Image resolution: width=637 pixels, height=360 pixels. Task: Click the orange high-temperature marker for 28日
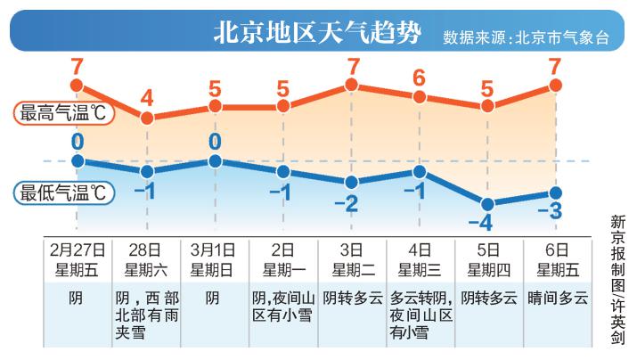click(x=147, y=117)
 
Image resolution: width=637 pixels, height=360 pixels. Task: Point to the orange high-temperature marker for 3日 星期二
click(x=352, y=86)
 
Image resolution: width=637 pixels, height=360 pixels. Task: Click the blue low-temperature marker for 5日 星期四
click(x=487, y=202)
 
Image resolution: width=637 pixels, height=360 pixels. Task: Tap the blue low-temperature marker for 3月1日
click(x=215, y=161)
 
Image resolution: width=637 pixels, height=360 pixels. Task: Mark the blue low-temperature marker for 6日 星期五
click(x=556, y=192)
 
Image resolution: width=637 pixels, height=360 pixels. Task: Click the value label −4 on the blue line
click(x=487, y=222)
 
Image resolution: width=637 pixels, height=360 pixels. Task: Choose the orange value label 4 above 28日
click(x=147, y=97)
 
